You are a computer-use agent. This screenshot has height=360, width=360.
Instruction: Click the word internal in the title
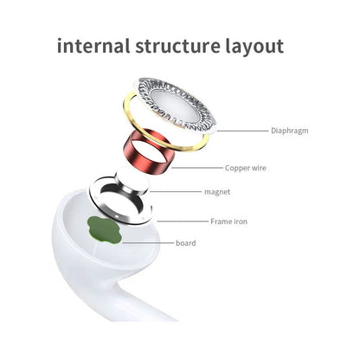point(93,46)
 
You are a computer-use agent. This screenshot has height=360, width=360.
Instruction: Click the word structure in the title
point(177,47)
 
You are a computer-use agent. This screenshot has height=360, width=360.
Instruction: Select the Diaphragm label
point(290,131)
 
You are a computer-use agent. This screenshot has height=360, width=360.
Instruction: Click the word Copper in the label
point(238,168)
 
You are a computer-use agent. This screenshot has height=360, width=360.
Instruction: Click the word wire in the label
point(260,168)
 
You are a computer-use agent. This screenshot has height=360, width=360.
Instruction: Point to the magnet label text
point(217,192)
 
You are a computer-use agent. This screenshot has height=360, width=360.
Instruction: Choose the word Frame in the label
point(221,222)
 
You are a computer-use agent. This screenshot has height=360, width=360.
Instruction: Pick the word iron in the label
point(241,222)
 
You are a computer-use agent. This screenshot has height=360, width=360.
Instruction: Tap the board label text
point(186,243)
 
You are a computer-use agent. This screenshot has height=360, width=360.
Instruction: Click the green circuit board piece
point(104,230)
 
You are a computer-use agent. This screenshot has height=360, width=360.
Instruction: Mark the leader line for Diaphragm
point(242,131)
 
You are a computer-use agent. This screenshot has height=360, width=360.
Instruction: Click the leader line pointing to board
point(148,243)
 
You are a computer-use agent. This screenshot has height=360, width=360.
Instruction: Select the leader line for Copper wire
point(196,168)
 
